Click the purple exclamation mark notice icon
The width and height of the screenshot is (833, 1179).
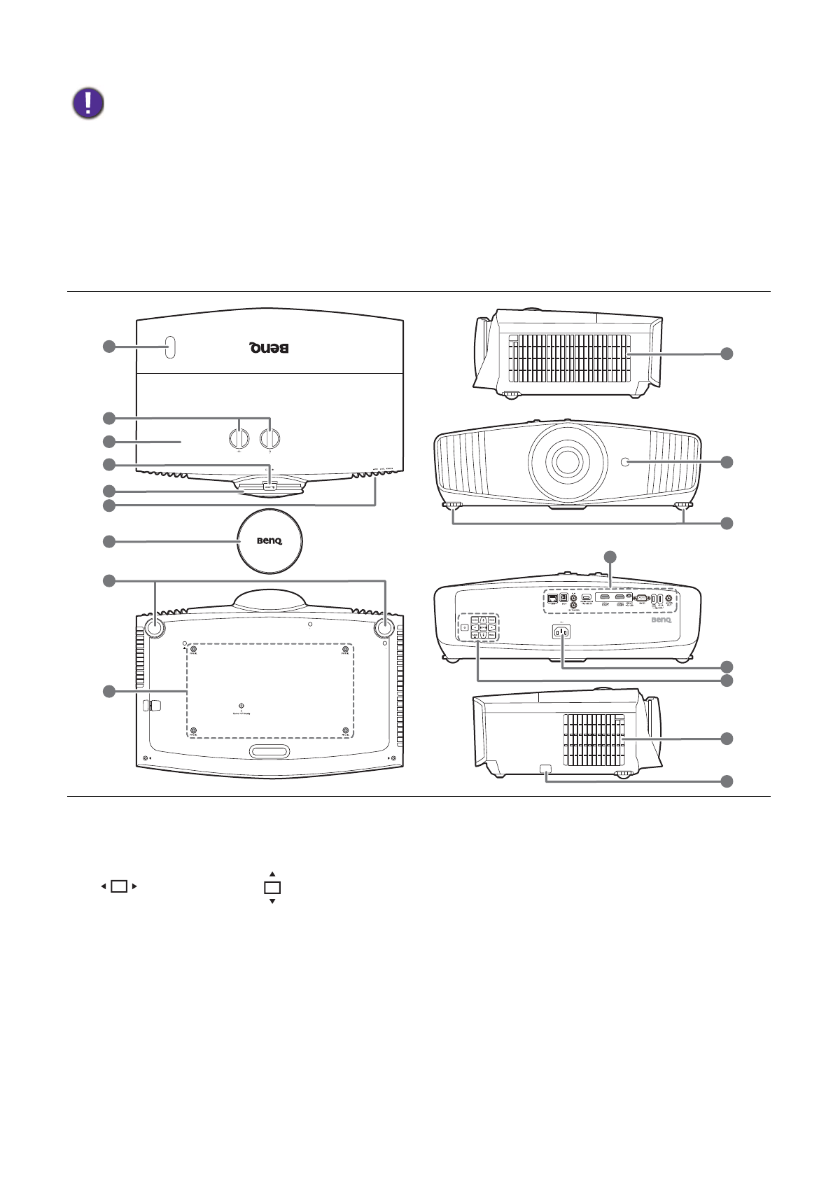(88, 104)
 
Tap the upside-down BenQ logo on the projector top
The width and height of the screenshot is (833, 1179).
(269, 348)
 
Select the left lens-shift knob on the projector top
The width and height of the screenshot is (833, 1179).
(239, 438)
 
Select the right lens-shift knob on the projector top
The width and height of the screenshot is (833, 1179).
(269, 438)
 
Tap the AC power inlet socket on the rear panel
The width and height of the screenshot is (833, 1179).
(561, 632)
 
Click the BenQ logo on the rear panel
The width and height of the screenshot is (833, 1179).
(661, 620)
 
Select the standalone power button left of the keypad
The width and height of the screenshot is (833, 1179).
(465, 627)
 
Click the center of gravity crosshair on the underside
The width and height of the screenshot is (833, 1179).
(241, 706)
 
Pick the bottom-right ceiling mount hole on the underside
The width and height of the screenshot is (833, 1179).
(345, 731)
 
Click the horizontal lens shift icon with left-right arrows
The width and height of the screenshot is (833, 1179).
(119, 886)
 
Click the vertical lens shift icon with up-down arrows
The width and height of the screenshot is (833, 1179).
(272, 888)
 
